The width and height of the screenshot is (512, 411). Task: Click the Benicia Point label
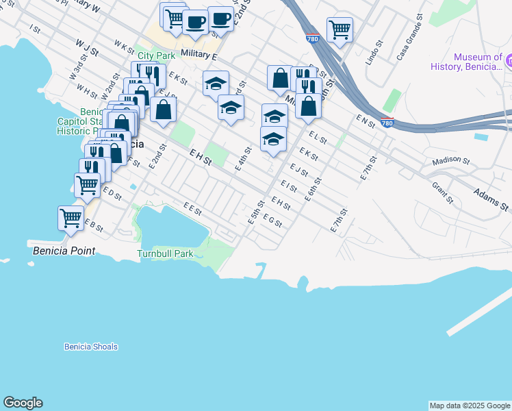point(64,251)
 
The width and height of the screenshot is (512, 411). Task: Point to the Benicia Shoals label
point(91,347)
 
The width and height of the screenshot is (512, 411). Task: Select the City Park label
point(156,55)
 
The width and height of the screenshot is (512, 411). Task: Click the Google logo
point(23,403)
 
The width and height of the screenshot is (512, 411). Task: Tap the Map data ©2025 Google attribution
point(469,406)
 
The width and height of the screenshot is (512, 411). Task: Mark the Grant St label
point(443,192)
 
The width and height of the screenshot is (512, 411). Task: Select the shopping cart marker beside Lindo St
point(340,29)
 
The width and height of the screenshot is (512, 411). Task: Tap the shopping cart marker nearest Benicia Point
point(71,218)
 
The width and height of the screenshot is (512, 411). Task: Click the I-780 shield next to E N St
point(387,123)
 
